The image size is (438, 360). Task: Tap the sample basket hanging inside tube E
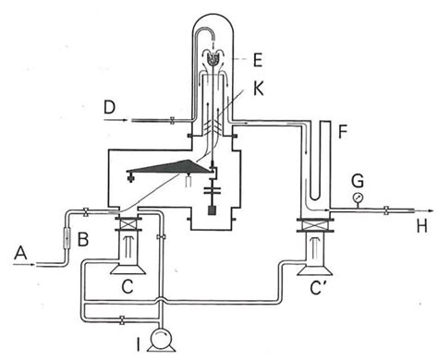213,57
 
